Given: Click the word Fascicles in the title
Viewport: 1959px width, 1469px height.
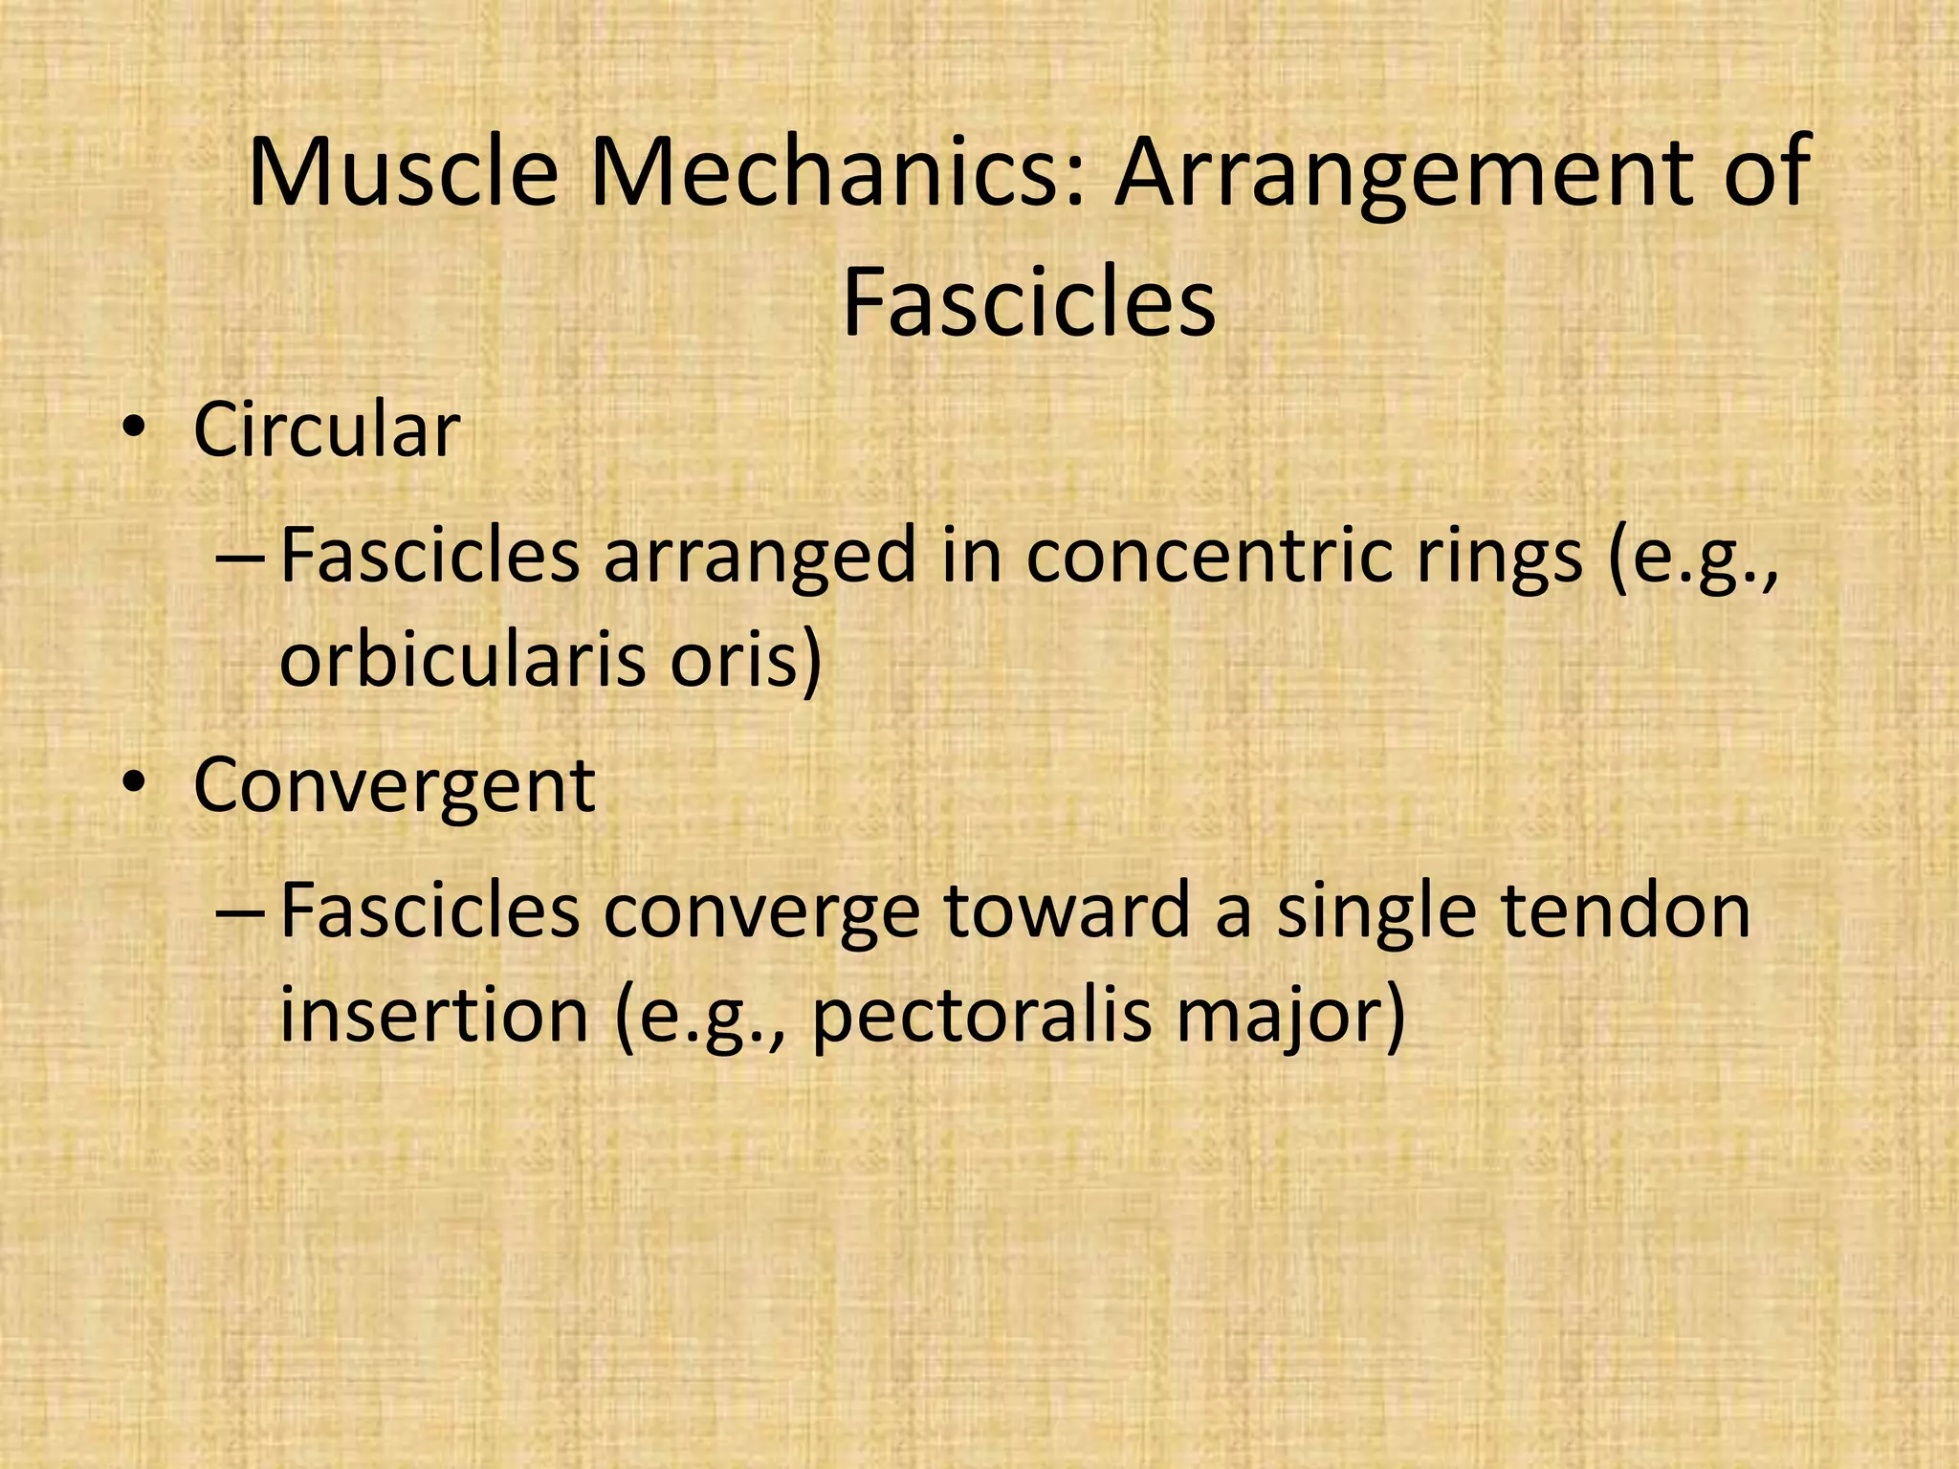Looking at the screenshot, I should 1028,303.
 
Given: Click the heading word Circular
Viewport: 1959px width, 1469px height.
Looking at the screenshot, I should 326,430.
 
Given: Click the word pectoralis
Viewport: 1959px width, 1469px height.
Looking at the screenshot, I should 981,1017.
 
